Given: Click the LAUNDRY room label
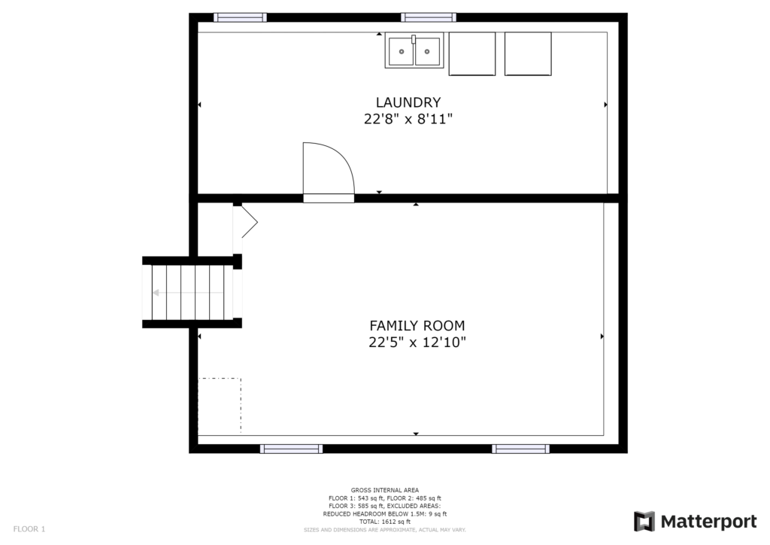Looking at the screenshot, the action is (x=408, y=102).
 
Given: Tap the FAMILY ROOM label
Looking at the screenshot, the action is (x=417, y=325).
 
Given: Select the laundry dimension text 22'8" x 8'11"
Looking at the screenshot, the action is (x=408, y=119).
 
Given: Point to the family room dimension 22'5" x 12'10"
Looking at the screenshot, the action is (x=417, y=342).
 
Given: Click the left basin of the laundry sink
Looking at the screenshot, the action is (x=402, y=52).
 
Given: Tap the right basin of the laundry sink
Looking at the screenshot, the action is (x=427, y=52).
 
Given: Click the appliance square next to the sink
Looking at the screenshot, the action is (x=472, y=53).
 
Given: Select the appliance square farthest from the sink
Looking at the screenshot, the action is (x=528, y=53).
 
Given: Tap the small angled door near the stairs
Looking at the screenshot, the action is (x=250, y=222).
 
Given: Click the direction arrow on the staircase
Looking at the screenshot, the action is (x=187, y=293).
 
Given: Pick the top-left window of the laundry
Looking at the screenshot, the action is (x=240, y=18).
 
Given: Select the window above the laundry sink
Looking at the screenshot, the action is (x=428, y=18).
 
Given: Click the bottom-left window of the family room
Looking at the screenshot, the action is (x=291, y=449).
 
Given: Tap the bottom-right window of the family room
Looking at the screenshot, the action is (x=520, y=449).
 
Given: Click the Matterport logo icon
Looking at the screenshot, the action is (x=644, y=522).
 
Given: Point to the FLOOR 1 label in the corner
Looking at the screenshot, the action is (x=29, y=529).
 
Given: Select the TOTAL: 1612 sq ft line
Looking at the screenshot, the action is (x=384, y=522).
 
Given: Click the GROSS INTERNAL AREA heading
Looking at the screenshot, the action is (x=385, y=490).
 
